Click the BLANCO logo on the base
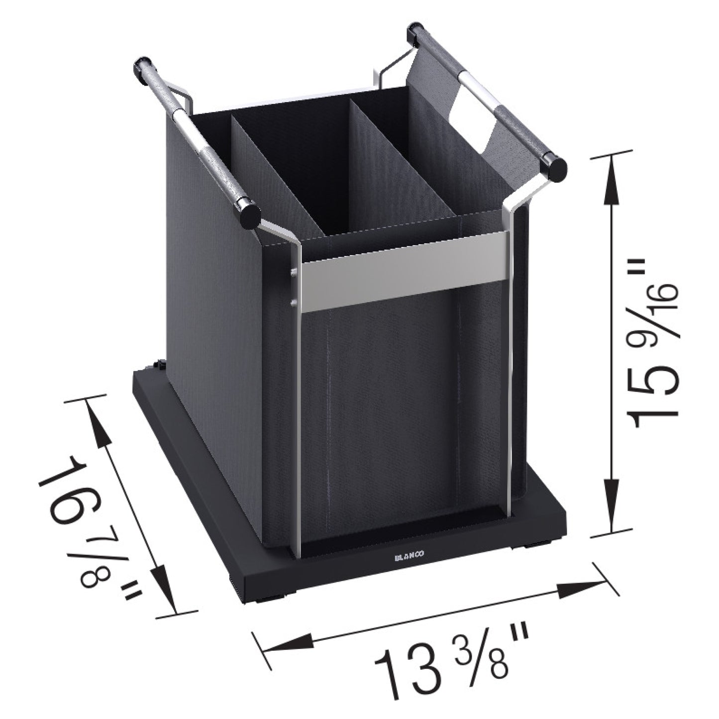(x=409, y=558)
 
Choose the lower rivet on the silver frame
(x=293, y=302)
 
